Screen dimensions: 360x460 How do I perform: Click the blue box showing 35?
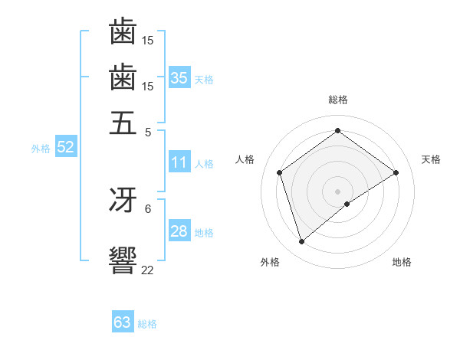[179, 77]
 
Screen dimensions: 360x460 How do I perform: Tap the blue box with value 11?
[179, 162]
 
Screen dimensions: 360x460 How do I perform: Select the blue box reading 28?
[179, 231]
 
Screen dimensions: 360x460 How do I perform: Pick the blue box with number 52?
[65, 148]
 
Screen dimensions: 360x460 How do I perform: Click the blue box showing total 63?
[123, 322]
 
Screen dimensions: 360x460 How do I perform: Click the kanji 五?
[123, 123]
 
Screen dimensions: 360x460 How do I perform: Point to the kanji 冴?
[123, 200]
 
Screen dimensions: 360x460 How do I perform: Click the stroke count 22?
[148, 269]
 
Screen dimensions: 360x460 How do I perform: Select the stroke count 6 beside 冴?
[148, 208]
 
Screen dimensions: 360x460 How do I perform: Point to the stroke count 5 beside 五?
[148, 131]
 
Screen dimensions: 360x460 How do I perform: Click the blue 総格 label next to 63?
[147, 324]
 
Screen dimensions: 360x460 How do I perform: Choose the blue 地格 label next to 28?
[204, 233]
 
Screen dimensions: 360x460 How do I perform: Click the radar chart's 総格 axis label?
[338, 100]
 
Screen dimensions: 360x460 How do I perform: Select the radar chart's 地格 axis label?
[402, 262]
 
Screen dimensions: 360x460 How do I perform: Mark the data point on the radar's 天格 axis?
[396, 172]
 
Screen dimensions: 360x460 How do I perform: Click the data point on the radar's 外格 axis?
[302, 242]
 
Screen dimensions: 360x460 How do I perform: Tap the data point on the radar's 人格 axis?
[280, 172]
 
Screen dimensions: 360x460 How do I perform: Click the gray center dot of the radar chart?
[338, 191]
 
